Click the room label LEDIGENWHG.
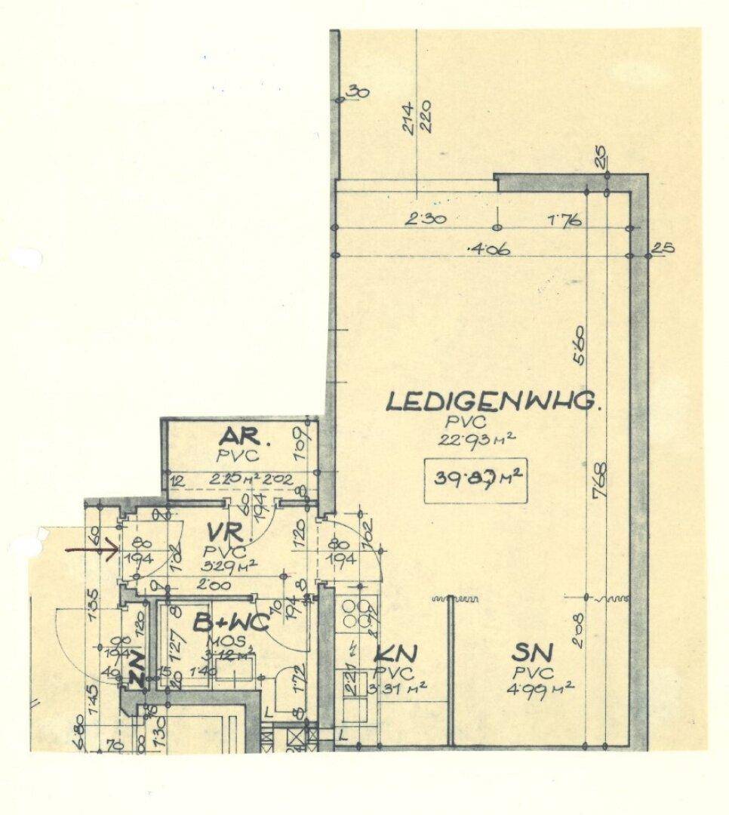(x=494, y=401)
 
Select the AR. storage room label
(x=239, y=438)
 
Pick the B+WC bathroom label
(x=232, y=624)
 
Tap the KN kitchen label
(x=395, y=654)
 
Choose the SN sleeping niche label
(x=533, y=652)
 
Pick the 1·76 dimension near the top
(x=565, y=220)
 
